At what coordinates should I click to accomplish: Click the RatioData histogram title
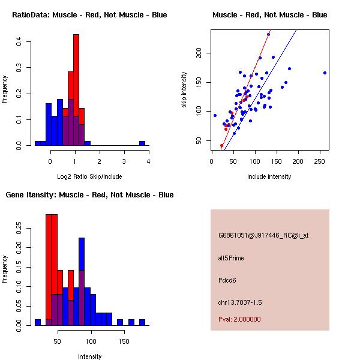[x=90, y=15]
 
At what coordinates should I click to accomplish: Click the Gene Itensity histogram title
[x=90, y=195]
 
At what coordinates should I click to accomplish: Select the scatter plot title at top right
[x=270, y=15]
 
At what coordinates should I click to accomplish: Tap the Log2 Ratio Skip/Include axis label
[x=90, y=176]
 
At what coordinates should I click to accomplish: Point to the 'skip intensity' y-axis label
[x=184, y=90]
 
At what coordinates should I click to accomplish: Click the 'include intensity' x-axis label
[x=270, y=176]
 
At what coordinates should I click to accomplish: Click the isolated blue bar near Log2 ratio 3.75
[x=142, y=143]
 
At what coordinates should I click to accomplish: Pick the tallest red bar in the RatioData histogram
[x=76, y=90]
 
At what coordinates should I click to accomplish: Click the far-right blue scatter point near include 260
[x=325, y=73]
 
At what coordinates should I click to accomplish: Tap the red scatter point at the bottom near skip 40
[x=221, y=145]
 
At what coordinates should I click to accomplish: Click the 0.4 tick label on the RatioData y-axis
[x=20, y=41]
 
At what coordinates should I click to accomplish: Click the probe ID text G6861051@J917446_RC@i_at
[x=263, y=236]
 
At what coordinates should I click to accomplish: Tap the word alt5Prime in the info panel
[x=231, y=258]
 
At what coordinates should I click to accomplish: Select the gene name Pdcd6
[x=227, y=280]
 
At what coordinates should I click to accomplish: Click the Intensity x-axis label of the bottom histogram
[x=90, y=356]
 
